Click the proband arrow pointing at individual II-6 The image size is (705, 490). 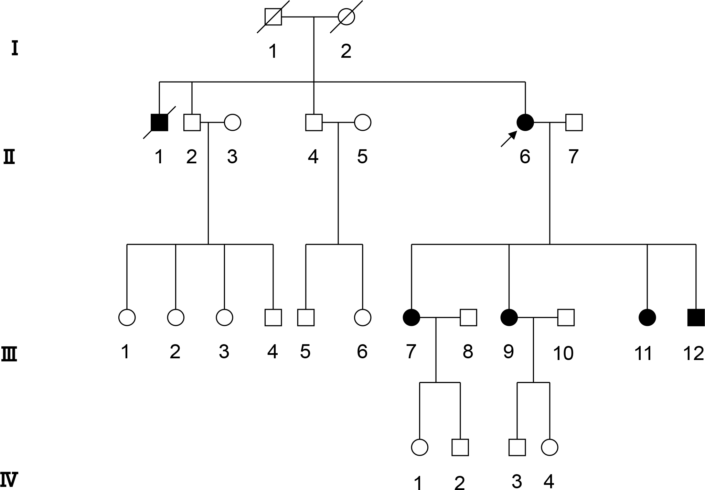click(509, 139)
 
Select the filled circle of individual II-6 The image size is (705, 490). click(525, 122)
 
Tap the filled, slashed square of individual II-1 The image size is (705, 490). click(159, 122)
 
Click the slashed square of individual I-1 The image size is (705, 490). click(273, 17)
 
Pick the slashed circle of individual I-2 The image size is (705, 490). click(346, 17)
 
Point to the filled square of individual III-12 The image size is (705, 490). click(696, 317)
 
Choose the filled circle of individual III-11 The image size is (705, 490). click(647, 317)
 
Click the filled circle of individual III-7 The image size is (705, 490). click(412, 317)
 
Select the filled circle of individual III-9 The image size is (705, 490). click(509, 317)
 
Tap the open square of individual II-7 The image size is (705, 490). click(574, 122)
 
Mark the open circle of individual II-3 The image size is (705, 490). click(232, 122)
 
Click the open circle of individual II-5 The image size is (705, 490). click(362, 122)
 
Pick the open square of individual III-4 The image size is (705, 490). click(273, 317)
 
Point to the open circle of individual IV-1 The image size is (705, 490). click(420, 447)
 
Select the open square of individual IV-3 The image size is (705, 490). click(517, 447)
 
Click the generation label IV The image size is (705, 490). click(9, 480)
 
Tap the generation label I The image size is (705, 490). click(14, 48)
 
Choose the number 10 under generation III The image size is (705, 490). click(563, 353)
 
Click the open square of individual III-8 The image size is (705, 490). click(468, 317)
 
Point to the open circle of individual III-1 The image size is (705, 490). click(127, 317)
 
